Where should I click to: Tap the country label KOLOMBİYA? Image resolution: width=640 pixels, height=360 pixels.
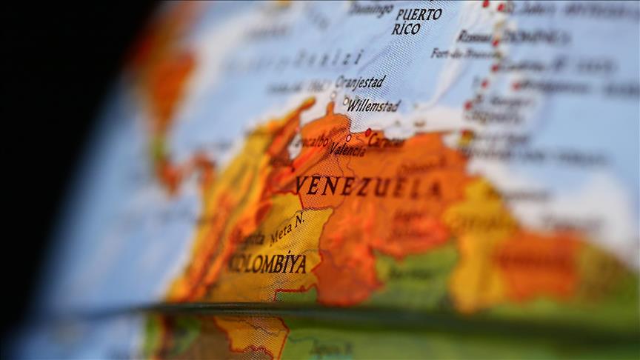pos(267,264)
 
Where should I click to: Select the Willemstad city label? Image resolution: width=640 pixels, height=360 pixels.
pos(373,106)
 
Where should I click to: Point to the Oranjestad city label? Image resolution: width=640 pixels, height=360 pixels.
pos(360,81)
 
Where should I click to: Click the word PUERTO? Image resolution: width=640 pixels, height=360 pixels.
pos(419,14)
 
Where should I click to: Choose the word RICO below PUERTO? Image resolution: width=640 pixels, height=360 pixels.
pos(406,29)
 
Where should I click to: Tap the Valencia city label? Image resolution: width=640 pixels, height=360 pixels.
pos(347,150)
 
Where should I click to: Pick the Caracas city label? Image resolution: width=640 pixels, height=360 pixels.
pos(386,141)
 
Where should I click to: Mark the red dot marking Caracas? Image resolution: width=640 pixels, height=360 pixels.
pos(367,133)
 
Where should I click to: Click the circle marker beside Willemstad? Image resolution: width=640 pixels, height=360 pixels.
pos(345,101)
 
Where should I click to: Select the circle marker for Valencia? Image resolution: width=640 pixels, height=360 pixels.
pos(348,138)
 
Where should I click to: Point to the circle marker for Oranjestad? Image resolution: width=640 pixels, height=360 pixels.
pos(333,95)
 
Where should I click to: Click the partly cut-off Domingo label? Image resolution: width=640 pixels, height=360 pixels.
pos(370,9)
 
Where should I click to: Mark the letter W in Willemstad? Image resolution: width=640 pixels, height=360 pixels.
pos(352,105)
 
